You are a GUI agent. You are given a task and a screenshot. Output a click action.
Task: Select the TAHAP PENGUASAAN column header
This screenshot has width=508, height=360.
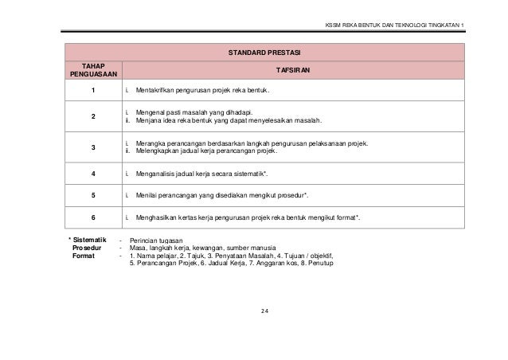[93, 70]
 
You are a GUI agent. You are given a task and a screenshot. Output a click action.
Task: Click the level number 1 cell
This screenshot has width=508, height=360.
[93, 92]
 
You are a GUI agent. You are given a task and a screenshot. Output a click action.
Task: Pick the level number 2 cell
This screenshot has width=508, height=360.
[93, 117]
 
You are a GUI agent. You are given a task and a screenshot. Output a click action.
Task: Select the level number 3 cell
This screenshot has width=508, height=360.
[93, 147]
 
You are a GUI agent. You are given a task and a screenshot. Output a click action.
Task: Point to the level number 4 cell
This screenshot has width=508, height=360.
[93, 172]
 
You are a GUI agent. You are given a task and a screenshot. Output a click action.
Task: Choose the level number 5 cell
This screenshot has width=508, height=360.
[93, 194]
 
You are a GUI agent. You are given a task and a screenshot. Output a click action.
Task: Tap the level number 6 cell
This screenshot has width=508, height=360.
[93, 217]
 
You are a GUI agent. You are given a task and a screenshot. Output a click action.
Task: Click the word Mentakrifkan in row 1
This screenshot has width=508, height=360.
[156, 92]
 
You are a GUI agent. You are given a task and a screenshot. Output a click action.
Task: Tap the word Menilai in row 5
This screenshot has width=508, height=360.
[147, 194]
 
